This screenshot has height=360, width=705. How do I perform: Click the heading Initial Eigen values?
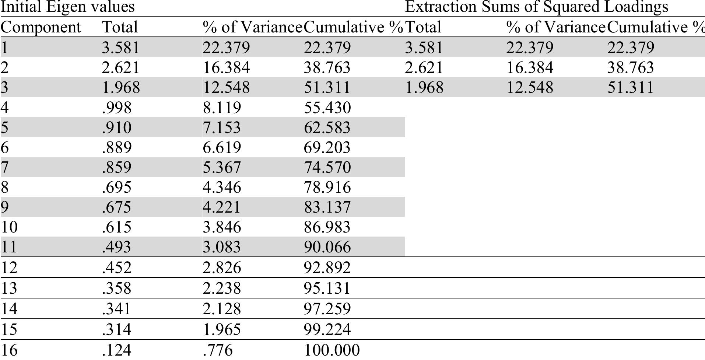pos(67,7)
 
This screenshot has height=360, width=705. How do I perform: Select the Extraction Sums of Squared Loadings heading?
pos(537,7)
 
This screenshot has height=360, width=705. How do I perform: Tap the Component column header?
pos(41,27)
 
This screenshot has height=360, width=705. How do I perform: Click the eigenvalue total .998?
pos(116,108)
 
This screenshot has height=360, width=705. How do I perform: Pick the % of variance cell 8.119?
pos(222,108)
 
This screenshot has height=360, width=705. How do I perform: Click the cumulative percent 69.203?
pos(327,147)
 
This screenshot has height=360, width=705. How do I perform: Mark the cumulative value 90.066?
pos(327,247)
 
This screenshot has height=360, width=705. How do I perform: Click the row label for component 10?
pos(9,227)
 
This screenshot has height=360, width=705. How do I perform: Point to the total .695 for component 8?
pos(116,187)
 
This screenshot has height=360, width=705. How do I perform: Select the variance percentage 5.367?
pos(222,167)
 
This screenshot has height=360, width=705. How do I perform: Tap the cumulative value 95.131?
pos(327,288)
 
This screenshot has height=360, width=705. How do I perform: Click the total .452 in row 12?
pos(116,268)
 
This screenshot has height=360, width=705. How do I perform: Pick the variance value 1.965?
pos(222,329)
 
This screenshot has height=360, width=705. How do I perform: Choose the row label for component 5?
pos(5,127)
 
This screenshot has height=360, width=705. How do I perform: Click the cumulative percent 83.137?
pos(327,207)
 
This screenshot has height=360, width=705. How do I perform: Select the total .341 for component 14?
pos(116,309)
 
